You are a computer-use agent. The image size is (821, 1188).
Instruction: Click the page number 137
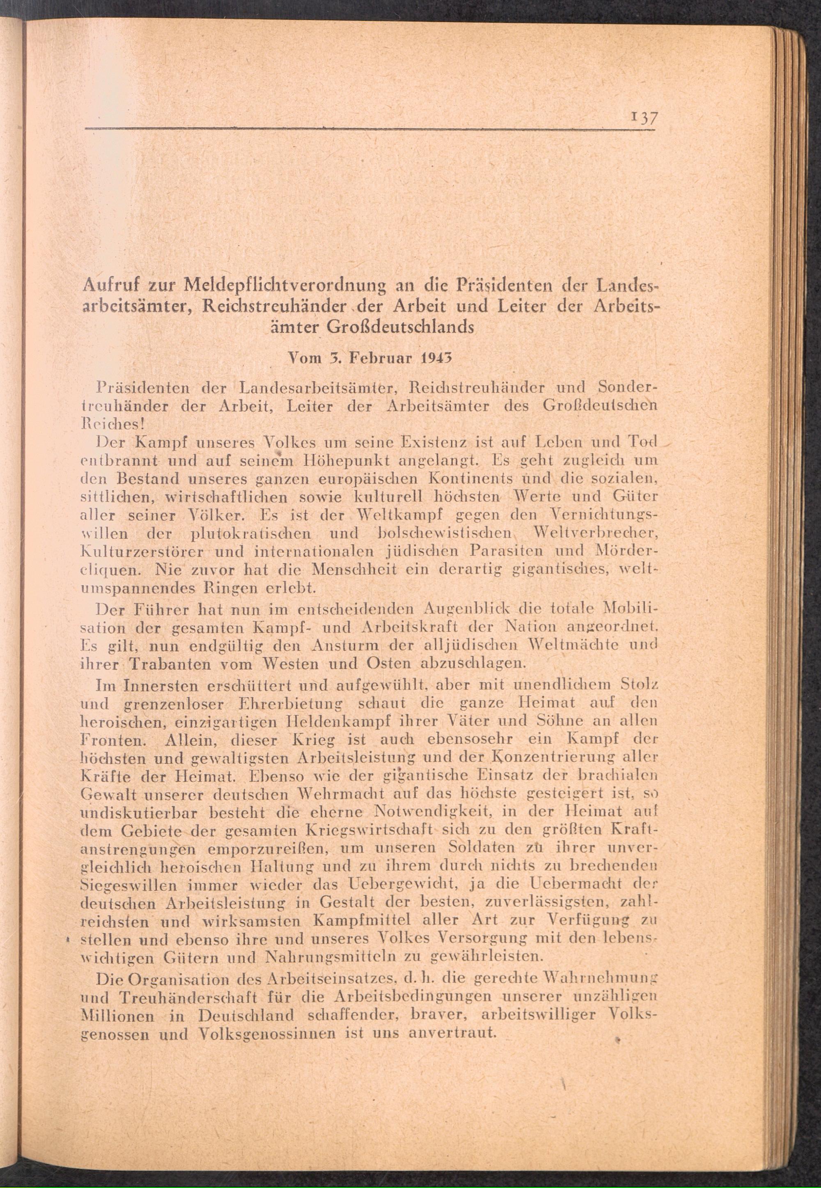641,118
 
